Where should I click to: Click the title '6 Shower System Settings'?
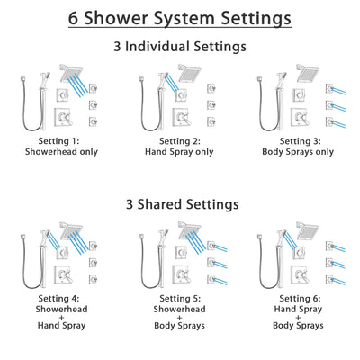180,18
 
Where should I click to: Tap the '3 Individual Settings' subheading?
180,46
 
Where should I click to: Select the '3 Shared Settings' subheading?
180,204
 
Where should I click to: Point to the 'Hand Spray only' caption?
180,152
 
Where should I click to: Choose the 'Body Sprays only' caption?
301,152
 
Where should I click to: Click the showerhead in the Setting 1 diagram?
71,71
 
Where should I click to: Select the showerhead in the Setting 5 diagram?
193,229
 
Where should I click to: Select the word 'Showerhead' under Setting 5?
180,309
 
